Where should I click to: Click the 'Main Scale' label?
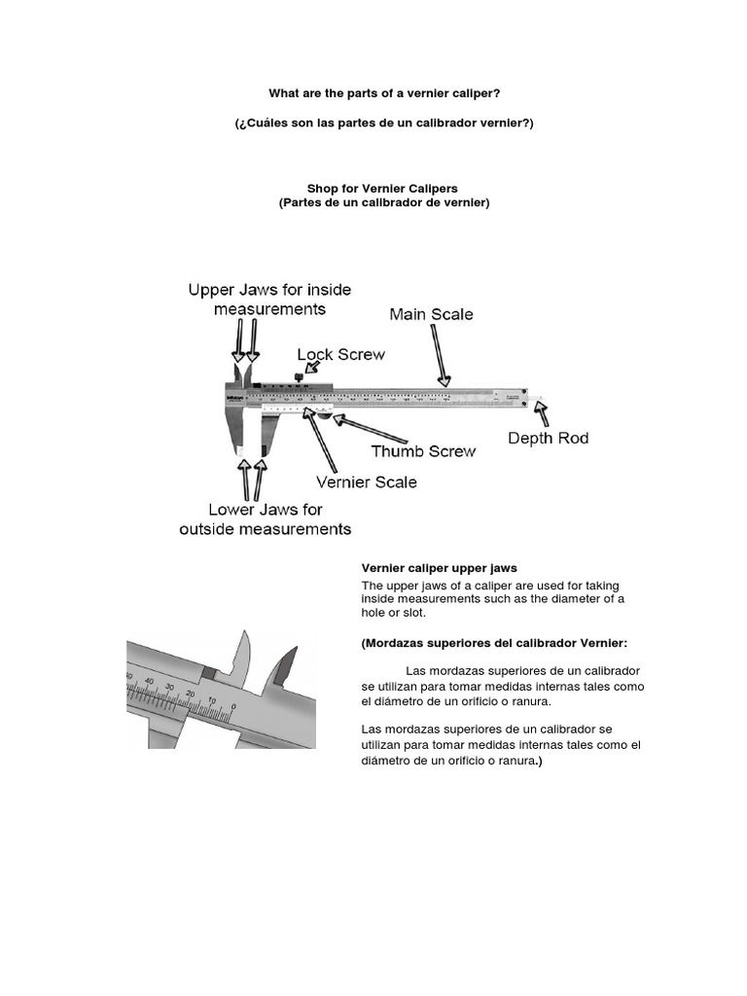click(431, 314)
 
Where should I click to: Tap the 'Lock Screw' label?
click(340, 355)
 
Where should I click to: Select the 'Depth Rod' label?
click(548, 439)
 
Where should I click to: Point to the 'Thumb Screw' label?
click(423, 451)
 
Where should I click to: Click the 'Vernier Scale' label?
click(367, 481)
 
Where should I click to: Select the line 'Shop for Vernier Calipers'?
click(383, 188)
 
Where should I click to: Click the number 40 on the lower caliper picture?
click(149, 682)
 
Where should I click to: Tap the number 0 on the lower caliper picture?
click(233, 707)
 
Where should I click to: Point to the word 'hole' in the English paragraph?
click(375, 614)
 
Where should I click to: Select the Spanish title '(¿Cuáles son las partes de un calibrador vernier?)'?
click(384, 124)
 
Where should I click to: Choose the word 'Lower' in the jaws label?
click(232, 509)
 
